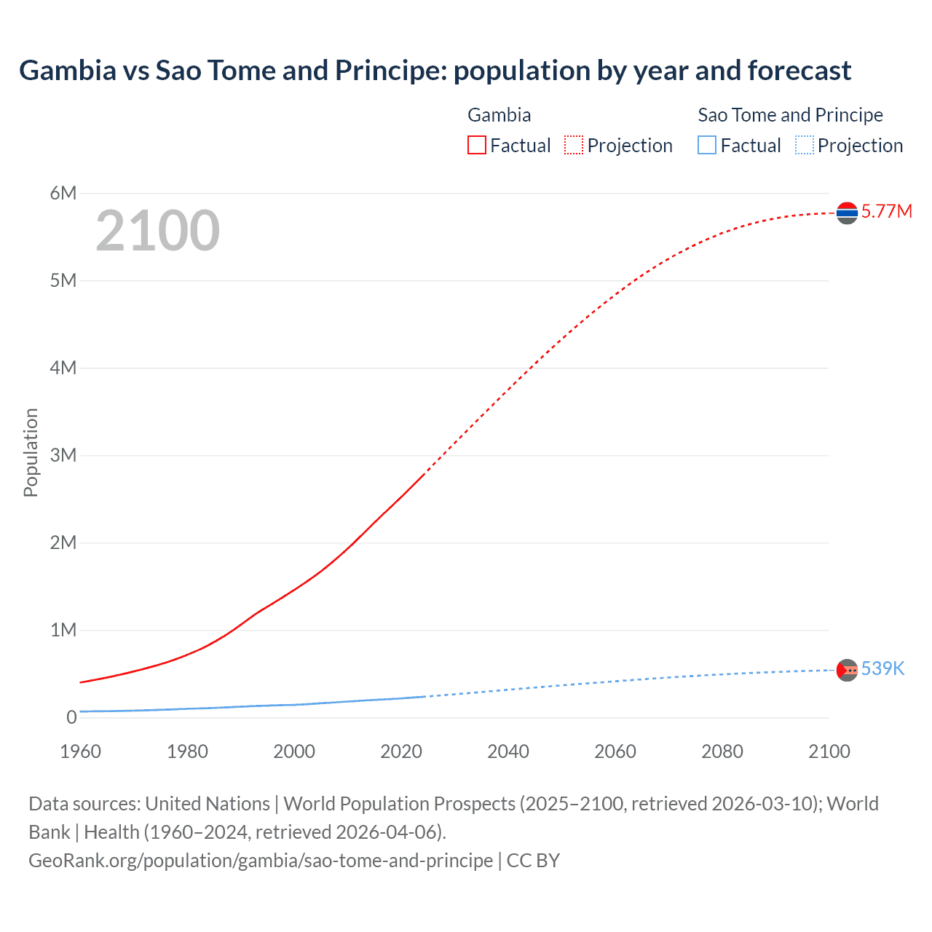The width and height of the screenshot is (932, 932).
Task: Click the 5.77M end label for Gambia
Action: click(x=886, y=211)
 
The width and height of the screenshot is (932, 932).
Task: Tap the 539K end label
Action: click(x=882, y=668)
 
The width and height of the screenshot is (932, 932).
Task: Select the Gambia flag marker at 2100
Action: click(x=847, y=213)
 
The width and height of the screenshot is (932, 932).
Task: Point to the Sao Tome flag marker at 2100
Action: click(x=847, y=670)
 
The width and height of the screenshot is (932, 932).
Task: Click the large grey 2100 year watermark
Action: click(x=157, y=231)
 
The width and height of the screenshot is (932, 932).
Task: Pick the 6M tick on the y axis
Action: click(x=63, y=193)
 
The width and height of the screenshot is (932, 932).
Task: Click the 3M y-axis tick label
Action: click(x=63, y=455)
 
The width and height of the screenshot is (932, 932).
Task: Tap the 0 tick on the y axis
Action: click(x=71, y=717)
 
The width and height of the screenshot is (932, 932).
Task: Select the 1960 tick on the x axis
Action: click(x=80, y=751)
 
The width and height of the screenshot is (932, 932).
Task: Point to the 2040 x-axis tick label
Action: click(x=508, y=751)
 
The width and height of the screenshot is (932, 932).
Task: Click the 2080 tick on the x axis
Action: click(x=722, y=751)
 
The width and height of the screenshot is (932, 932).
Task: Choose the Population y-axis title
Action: click(x=31, y=452)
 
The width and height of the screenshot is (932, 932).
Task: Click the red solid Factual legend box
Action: click(x=477, y=146)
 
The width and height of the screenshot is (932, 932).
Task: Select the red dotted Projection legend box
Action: click(x=574, y=146)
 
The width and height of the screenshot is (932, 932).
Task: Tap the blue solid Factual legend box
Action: click(x=707, y=146)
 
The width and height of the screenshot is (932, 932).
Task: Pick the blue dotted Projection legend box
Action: click(x=805, y=146)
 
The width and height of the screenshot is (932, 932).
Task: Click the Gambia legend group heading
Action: click(x=499, y=115)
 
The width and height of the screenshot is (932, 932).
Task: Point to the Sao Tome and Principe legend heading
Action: click(x=790, y=115)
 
